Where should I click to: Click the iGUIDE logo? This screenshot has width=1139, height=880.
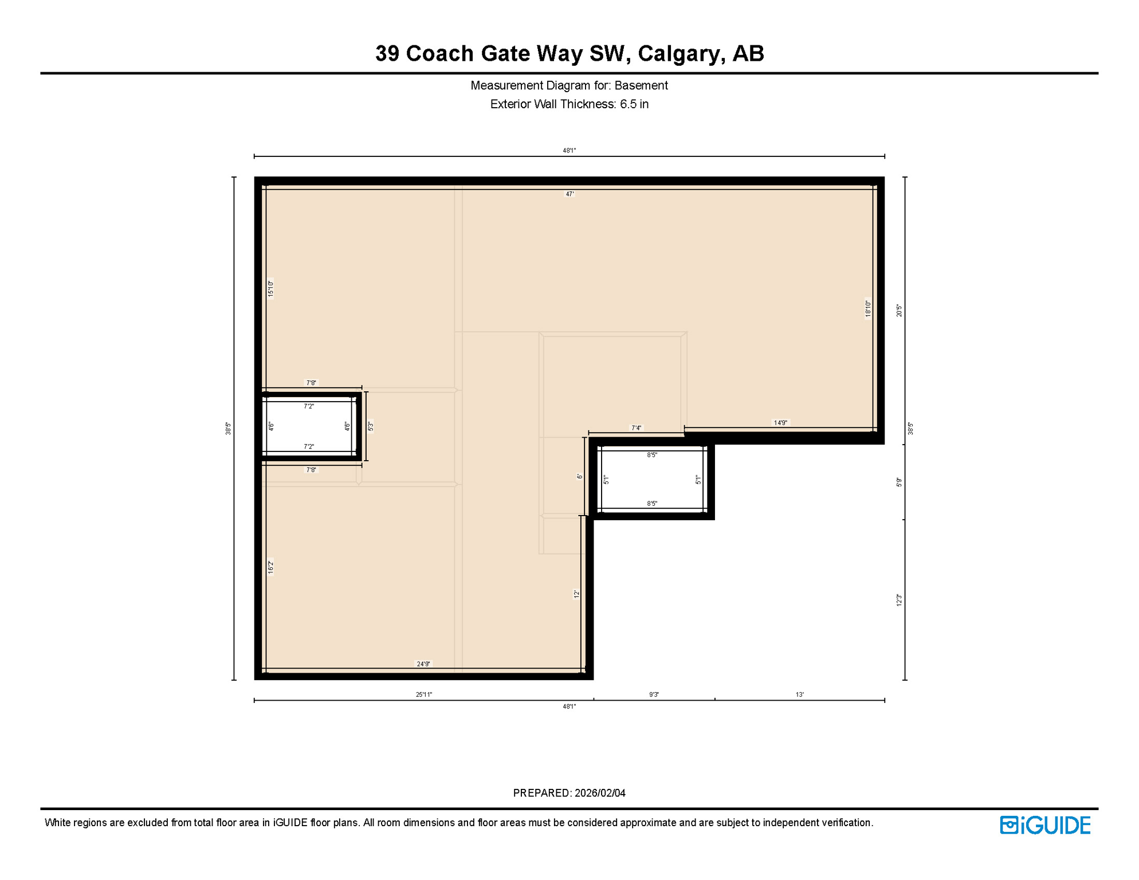click(1045, 825)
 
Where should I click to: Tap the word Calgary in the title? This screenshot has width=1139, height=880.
click(677, 53)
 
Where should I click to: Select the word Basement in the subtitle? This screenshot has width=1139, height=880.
click(641, 85)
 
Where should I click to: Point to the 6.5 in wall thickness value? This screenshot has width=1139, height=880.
click(634, 104)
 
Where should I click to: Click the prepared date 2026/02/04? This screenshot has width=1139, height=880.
click(600, 793)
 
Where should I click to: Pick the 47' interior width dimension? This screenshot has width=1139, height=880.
click(570, 194)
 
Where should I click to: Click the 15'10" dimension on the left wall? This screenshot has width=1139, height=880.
click(271, 288)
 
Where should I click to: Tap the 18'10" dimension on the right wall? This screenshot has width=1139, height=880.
click(868, 308)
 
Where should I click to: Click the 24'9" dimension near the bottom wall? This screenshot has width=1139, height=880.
click(423, 664)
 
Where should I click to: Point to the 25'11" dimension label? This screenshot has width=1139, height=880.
click(424, 695)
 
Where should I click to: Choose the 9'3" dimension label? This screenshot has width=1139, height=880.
click(654, 695)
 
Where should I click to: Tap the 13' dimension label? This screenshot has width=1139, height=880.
click(799, 695)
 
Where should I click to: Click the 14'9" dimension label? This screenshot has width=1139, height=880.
click(780, 423)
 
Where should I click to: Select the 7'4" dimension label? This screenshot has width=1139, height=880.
click(637, 428)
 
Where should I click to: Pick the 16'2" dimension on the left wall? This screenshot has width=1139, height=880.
click(271, 567)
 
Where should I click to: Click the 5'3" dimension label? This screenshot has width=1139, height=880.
click(371, 426)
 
